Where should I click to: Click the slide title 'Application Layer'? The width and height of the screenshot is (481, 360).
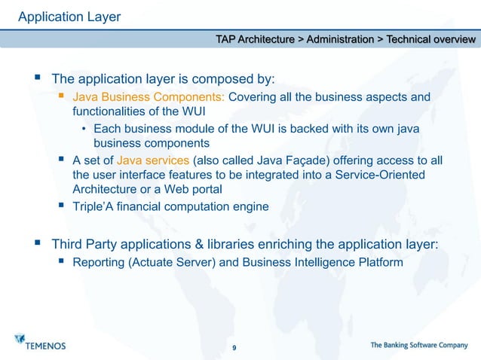(x=69, y=16)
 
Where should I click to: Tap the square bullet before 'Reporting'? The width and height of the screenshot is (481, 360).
(x=62, y=262)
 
